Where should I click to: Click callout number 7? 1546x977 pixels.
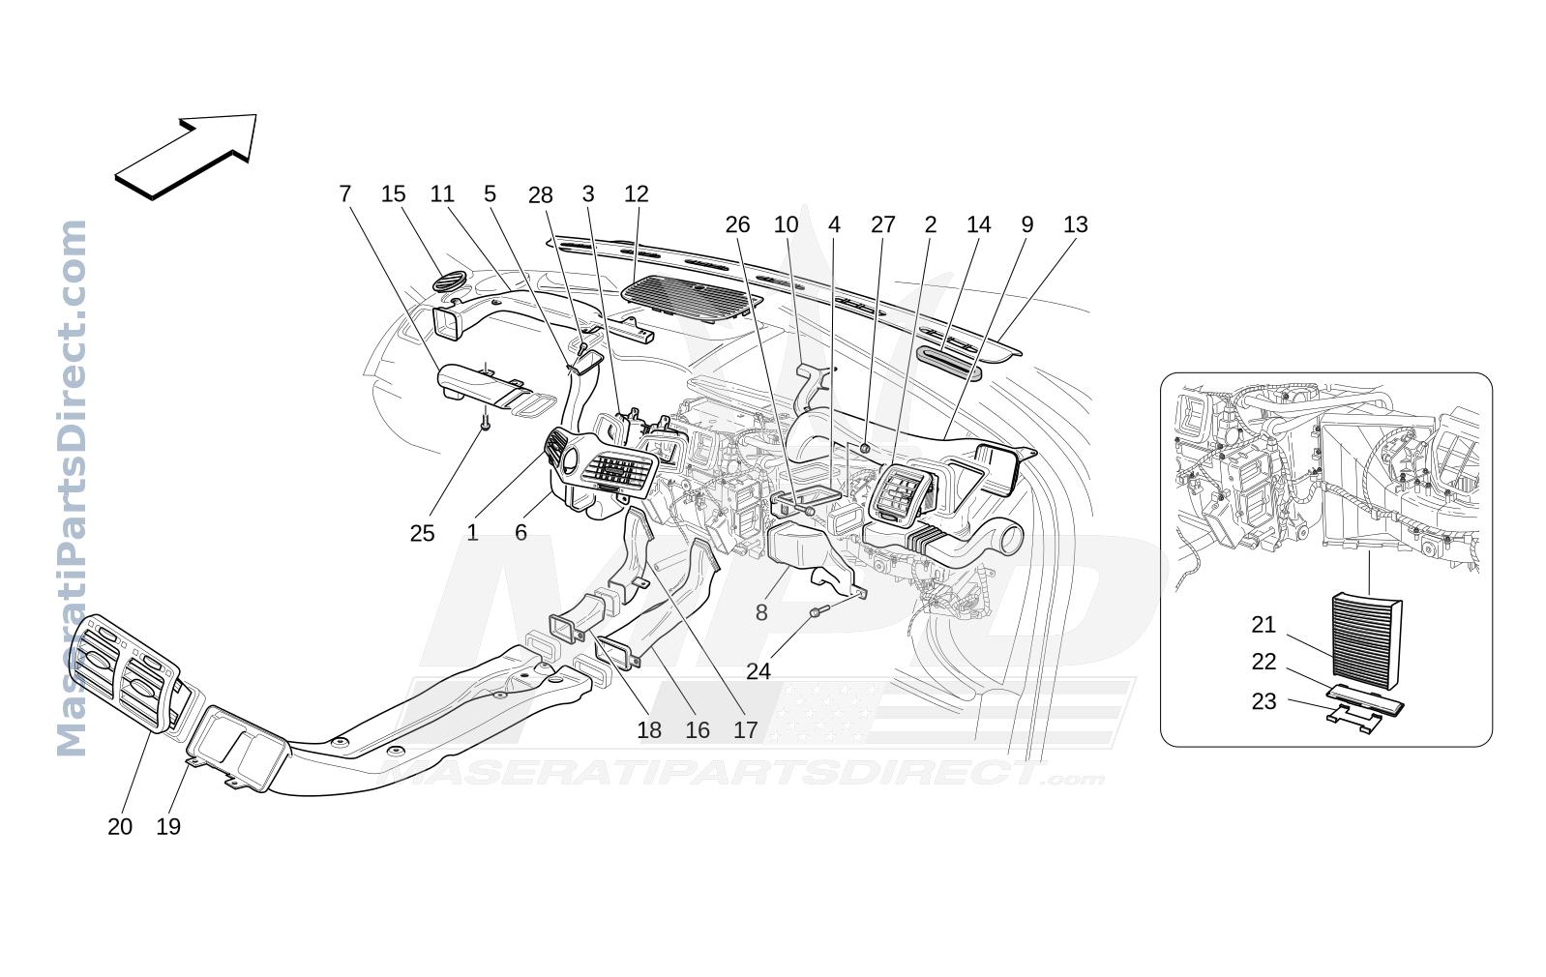[x=345, y=194]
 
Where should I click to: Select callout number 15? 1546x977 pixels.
[x=394, y=194]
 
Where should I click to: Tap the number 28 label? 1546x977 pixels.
[x=541, y=196]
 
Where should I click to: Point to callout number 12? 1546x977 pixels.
[x=637, y=194]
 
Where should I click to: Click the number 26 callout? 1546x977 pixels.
[x=738, y=225]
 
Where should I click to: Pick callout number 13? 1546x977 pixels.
[x=1075, y=225]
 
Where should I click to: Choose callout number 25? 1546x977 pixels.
[x=423, y=533]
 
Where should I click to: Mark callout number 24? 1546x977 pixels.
[x=758, y=671]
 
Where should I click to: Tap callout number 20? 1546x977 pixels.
[x=120, y=827]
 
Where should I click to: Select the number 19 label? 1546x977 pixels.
[x=168, y=827]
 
